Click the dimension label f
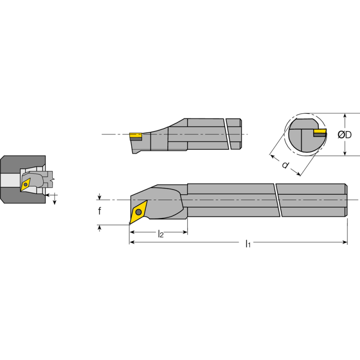coord(100,211)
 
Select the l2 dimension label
coord(160,233)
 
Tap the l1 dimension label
coord(247,244)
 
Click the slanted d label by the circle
coord(285,165)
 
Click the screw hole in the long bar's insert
coord(139,211)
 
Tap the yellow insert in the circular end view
coord(320,131)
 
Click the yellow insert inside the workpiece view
coord(26,183)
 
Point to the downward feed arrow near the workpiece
coord(55,201)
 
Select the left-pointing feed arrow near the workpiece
coord(48,195)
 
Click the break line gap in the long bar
coord(277,200)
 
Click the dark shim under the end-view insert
coord(320,135)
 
